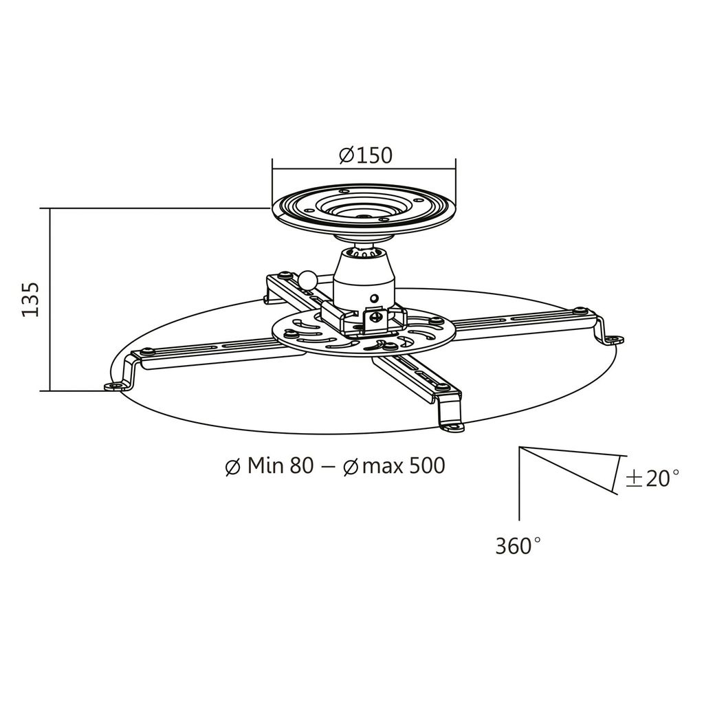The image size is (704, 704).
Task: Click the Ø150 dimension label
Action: click(366, 155)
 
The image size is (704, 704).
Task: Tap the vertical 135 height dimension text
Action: click(31, 300)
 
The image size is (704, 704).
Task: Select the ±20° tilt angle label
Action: click(652, 478)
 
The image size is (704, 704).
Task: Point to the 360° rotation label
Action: click(518, 546)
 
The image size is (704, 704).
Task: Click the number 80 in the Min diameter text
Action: click(301, 465)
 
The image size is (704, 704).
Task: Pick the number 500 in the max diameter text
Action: click(427, 465)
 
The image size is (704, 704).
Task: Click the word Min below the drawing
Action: click(265, 465)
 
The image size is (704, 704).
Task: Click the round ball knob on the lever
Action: click(309, 280)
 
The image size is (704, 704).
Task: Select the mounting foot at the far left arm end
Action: click(115, 385)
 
